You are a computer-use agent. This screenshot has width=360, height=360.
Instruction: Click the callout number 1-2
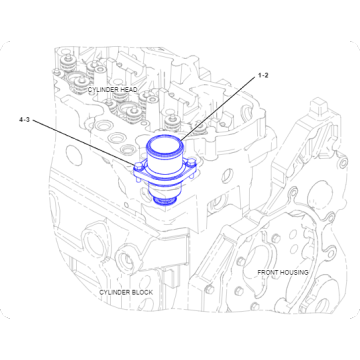(264, 75)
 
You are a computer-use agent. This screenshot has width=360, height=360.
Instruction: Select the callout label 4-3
(25, 120)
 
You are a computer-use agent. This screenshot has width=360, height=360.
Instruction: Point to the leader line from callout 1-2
(220, 104)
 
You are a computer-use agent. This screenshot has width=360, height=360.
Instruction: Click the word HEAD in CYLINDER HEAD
(127, 89)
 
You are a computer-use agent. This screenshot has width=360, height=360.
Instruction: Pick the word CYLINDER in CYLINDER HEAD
(101, 89)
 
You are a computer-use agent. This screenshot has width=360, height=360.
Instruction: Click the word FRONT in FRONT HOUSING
(268, 271)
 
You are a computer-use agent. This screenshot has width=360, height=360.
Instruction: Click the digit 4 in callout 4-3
(20, 120)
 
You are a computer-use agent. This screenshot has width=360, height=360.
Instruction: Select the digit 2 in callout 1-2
(269, 75)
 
